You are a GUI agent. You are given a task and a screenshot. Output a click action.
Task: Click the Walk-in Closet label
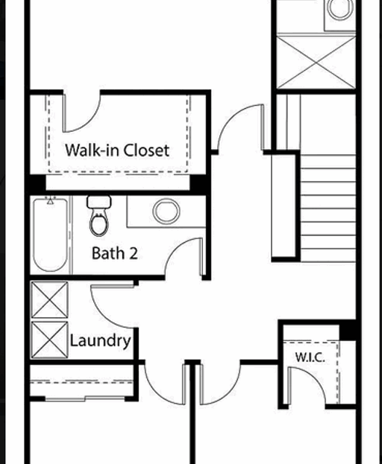click(116, 150)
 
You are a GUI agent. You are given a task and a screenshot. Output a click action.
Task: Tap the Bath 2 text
click(114, 253)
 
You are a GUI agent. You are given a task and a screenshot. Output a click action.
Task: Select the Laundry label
click(100, 341)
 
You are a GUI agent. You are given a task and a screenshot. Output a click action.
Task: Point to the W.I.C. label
click(310, 357)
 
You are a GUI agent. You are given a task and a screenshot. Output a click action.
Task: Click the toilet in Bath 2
click(98, 217)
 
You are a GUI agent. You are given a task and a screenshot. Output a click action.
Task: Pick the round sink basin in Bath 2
click(166, 212)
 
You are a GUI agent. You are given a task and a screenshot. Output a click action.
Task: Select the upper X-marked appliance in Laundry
click(49, 300)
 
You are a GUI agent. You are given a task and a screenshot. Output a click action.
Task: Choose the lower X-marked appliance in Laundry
click(49, 340)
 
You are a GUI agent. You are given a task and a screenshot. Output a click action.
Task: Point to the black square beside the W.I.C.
click(348, 331)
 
